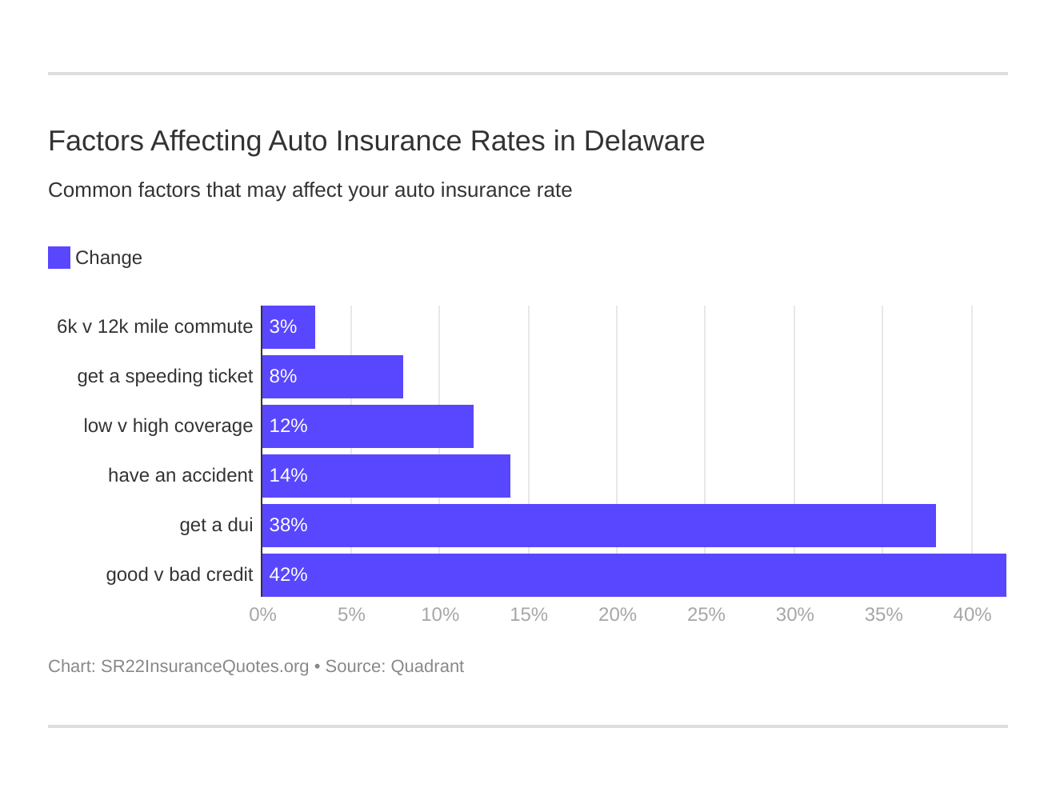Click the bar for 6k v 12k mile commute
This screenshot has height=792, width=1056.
pyautogui.click(x=289, y=327)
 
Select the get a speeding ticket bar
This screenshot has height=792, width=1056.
pyautogui.click(x=333, y=377)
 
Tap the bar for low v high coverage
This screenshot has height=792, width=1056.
pyautogui.click(x=368, y=426)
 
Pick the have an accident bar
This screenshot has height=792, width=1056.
pyautogui.click(x=386, y=476)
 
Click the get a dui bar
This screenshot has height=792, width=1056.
pyautogui.click(x=598, y=526)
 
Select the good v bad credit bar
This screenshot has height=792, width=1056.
pyautogui.click(x=634, y=575)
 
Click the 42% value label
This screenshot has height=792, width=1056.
pyautogui.click(x=288, y=575)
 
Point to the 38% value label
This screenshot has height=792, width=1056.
pyautogui.click(x=288, y=526)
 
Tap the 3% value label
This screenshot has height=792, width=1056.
pyautogui.click(x=283, y=327)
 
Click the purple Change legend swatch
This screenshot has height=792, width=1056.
pyautogui.click(x=59, y=258)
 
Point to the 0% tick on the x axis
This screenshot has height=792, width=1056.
pyautogui.click(x=262, y=614)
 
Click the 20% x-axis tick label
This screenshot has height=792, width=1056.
pyautogui.click(x=618, y=614)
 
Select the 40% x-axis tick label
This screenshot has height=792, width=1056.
pyautogui.click(x=972, y=614)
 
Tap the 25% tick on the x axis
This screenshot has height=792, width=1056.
pyautogui.click(x=706, y=614)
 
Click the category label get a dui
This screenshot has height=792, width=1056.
pyautogui.click(x=216, y=526)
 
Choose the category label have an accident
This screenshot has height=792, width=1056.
pyautogui.click(x=180, y=476)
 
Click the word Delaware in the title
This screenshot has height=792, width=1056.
pyautogui.click(x=644, y=141)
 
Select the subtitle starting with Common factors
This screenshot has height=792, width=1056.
pyautogui.click(x=310, y=190)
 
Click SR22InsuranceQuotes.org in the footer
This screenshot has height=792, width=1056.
pyautogui.click(x=205, y=666)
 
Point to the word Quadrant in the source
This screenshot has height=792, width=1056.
pyautogui.click(x=427, y=666)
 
